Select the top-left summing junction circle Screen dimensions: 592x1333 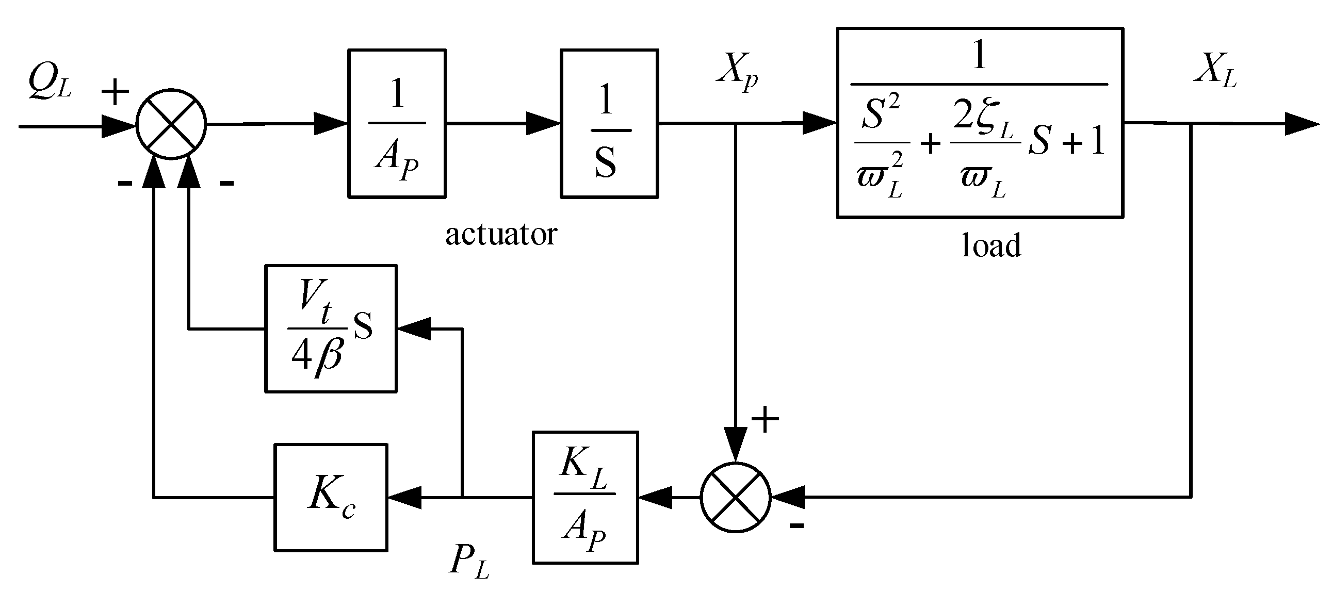click(x=171, y=124)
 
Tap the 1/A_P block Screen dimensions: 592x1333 click(x=397, y=124)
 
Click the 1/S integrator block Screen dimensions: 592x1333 click(x=609, y=124)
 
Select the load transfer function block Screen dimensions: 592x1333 click(x=980, y=123)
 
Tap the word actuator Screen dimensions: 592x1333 click(x=501, y=235)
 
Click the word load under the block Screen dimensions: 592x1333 click(x=991, y=245)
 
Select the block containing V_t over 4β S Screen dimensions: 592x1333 click(x=331, y=328)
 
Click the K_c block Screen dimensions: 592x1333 click(x=331, y=497)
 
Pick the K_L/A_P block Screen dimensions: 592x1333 click(x=586, y=497)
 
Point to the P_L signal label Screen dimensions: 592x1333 click(x=468, y=561)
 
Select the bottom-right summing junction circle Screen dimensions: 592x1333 click(x=735, y=497)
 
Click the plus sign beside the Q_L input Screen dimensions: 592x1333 click(x=115, y=93)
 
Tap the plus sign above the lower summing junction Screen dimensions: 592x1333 click(x=765, y=419)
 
